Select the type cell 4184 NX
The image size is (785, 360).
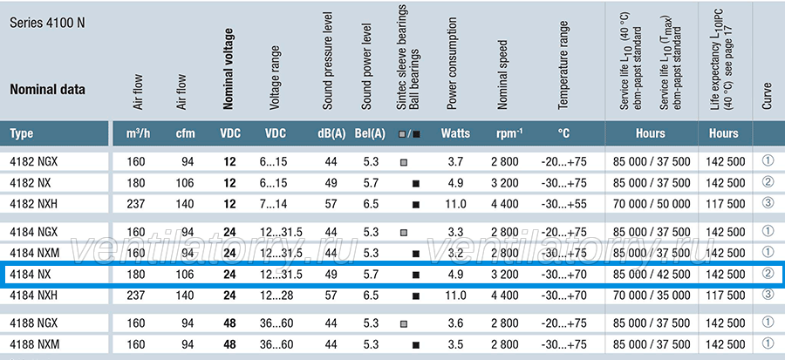30,275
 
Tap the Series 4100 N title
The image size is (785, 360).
48,24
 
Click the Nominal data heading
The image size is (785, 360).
48,90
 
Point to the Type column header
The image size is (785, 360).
22,133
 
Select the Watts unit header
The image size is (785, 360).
455,133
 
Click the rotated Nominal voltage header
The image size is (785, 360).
229,69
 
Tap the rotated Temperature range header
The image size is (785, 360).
563,65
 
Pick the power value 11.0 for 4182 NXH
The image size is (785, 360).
455,204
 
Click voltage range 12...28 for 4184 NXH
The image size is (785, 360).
277,295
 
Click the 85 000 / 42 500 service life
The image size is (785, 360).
652,275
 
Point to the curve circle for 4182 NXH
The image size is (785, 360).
768,203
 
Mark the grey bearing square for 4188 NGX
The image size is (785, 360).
404,324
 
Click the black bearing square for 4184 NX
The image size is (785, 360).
415,275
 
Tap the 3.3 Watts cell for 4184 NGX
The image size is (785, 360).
455,232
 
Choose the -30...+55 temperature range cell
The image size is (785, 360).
563,204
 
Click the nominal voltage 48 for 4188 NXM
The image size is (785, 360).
229,344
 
